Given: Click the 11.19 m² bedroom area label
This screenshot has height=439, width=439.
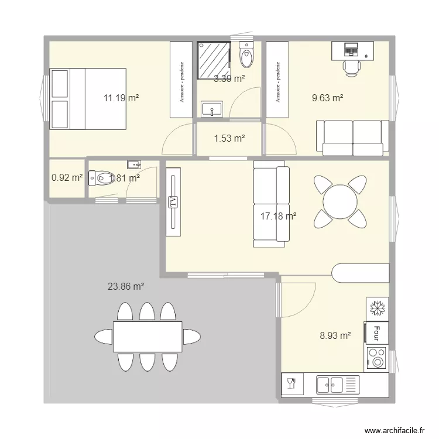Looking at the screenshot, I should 121,98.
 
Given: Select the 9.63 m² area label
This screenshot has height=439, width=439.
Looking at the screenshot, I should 327,98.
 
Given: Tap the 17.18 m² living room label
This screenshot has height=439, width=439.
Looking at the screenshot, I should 278,216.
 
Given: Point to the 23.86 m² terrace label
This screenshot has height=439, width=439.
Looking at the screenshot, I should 126,286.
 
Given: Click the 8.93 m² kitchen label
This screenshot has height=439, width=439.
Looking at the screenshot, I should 335,335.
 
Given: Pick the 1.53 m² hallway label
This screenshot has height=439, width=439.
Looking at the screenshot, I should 229,139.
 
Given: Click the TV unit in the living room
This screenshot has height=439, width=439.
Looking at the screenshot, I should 173,202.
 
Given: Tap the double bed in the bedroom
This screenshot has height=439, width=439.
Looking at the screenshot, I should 88,98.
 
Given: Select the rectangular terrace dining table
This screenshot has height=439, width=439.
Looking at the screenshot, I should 147,337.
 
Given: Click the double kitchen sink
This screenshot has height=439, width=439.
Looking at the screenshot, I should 330,385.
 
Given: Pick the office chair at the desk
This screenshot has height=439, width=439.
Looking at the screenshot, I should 351,68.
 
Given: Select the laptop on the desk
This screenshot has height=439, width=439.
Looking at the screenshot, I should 351,49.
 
